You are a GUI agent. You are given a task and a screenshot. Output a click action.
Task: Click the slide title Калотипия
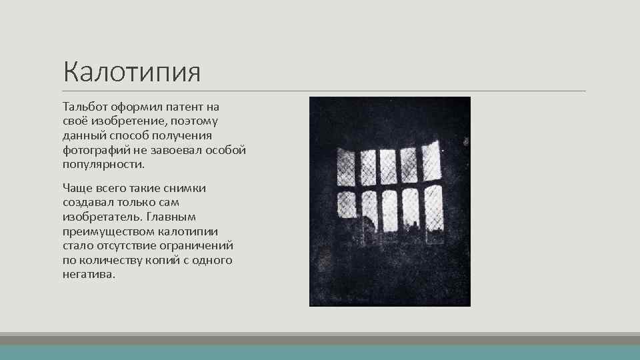click(131, 71)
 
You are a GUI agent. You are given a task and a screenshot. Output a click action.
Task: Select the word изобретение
click(123, 121)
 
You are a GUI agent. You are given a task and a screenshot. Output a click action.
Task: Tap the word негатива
click(89, 275)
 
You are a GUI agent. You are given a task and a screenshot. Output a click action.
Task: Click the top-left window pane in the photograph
click(345, 167)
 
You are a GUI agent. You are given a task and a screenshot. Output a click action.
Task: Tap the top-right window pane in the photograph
click(431, 160)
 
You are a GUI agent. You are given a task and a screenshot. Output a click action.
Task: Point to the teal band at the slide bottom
click(320, 352)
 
